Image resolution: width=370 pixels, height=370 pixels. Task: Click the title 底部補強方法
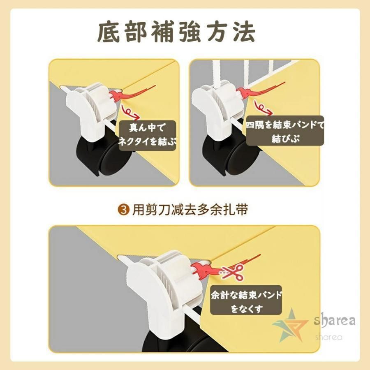click(x=176, y=32)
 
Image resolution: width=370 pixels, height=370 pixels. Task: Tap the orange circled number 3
click(x=123, y=210)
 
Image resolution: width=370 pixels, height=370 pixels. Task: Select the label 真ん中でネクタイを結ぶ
click(x=147, y=135)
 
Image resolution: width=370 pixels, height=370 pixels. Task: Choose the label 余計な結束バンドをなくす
click(x=246, y=300)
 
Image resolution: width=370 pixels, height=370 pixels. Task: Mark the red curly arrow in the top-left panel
click(x=130, y=112)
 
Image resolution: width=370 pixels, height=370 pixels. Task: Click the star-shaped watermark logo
click(x=291, y=325)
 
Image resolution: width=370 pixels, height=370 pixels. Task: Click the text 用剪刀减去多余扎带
click(x=190, y=210)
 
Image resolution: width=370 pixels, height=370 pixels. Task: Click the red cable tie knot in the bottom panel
click(x=201, y=270)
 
